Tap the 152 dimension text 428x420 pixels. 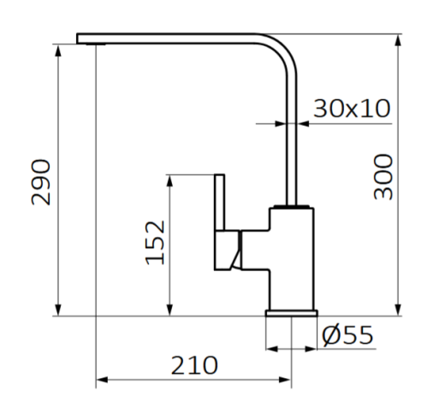[x=155, y=242]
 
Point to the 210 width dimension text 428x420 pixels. [x=194, y=365]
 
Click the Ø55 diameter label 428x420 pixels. [x=348, y=335]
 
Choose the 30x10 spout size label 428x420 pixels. [x=352, y=109]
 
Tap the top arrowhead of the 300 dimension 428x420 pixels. [x=401, y=39]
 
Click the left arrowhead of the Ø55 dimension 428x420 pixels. [x=271, y=349]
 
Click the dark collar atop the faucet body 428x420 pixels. [x=291, y=207]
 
